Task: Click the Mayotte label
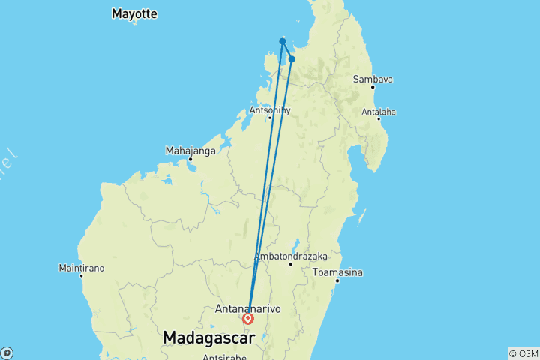134,13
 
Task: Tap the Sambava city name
373,79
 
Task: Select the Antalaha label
379,112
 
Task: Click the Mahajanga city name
190,151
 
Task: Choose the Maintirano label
82,268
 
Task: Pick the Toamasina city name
338,271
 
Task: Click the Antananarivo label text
247,308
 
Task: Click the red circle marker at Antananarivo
248,319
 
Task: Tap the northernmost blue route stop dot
282,41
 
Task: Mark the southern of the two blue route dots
292,59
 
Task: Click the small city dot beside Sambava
373,87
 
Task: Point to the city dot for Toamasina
338,280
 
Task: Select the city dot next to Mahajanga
190,159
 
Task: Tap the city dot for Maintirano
82,276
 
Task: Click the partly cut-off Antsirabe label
224,357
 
